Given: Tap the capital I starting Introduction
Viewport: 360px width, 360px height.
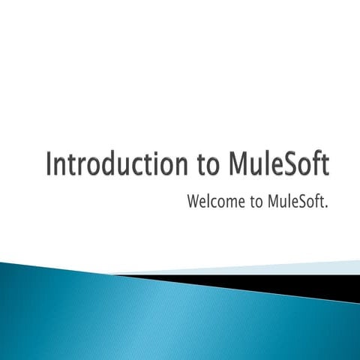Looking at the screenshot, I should pyautogui.click(x=49, y=164).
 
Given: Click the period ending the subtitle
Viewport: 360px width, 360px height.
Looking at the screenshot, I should pyautogui.click(x=328, y=205).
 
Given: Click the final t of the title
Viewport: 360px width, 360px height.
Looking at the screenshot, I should pyautogui.click(x=325, y=165).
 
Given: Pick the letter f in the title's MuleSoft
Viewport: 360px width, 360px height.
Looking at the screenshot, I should pyautogui.click(x=316, y=163).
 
